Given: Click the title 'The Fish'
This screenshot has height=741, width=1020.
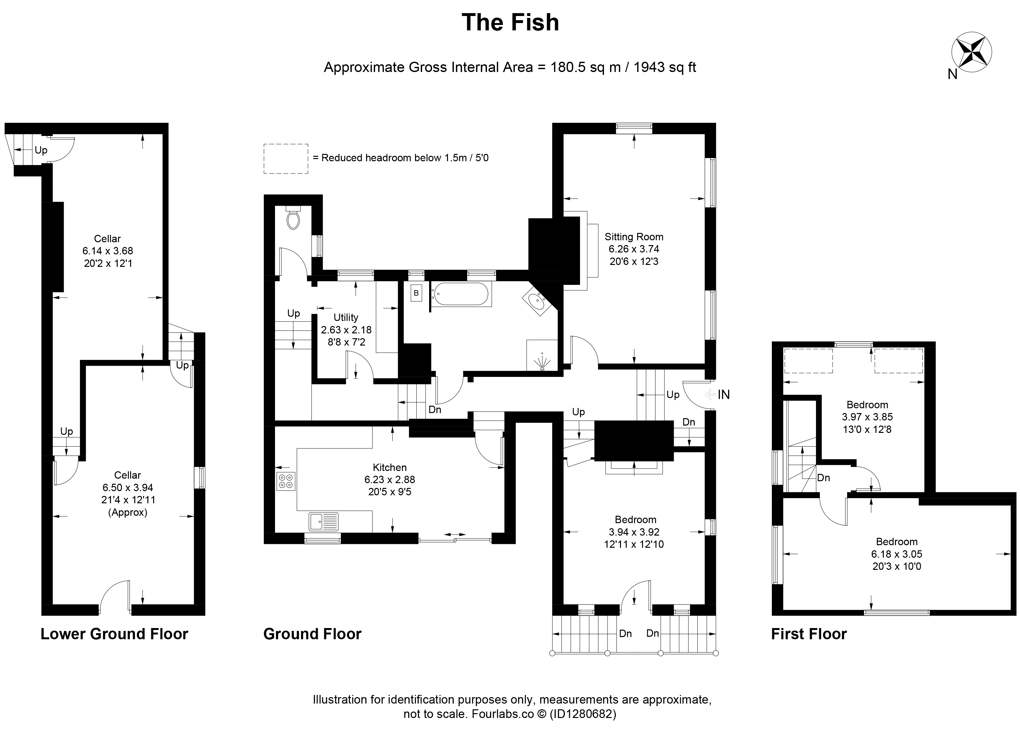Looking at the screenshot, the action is pos(510,22).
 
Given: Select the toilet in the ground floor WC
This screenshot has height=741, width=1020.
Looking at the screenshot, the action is pos(293,218).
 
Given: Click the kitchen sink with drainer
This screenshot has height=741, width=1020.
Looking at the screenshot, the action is pos(324,522).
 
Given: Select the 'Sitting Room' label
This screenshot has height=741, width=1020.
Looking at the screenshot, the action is pos(634,237).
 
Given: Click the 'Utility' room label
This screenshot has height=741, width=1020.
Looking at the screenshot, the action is pos(346,317).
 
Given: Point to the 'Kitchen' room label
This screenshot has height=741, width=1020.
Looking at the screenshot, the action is pos(389,467).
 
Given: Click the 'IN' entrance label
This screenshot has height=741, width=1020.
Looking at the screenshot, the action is pos(724,394).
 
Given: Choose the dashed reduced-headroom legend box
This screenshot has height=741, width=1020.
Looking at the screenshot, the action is pos(286,159).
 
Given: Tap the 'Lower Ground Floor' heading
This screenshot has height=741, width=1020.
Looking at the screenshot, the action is pos(114,634).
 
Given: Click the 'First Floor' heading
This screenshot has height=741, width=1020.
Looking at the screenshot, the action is pos(809,634).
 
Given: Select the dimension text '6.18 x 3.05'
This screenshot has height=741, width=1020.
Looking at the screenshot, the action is pos(897,554).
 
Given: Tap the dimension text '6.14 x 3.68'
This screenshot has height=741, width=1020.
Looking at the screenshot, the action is pos(107,251).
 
